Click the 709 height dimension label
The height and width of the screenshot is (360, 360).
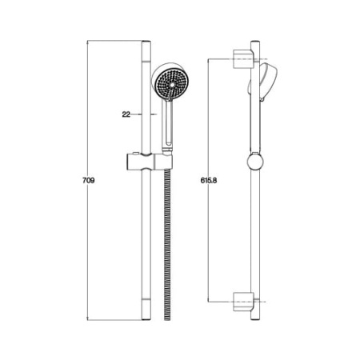89,181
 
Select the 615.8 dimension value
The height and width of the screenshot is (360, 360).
209,181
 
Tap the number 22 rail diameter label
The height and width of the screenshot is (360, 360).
126,114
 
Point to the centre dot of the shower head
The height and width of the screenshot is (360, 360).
172,84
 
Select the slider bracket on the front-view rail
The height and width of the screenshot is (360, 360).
149,162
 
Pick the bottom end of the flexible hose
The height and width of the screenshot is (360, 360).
167,319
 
